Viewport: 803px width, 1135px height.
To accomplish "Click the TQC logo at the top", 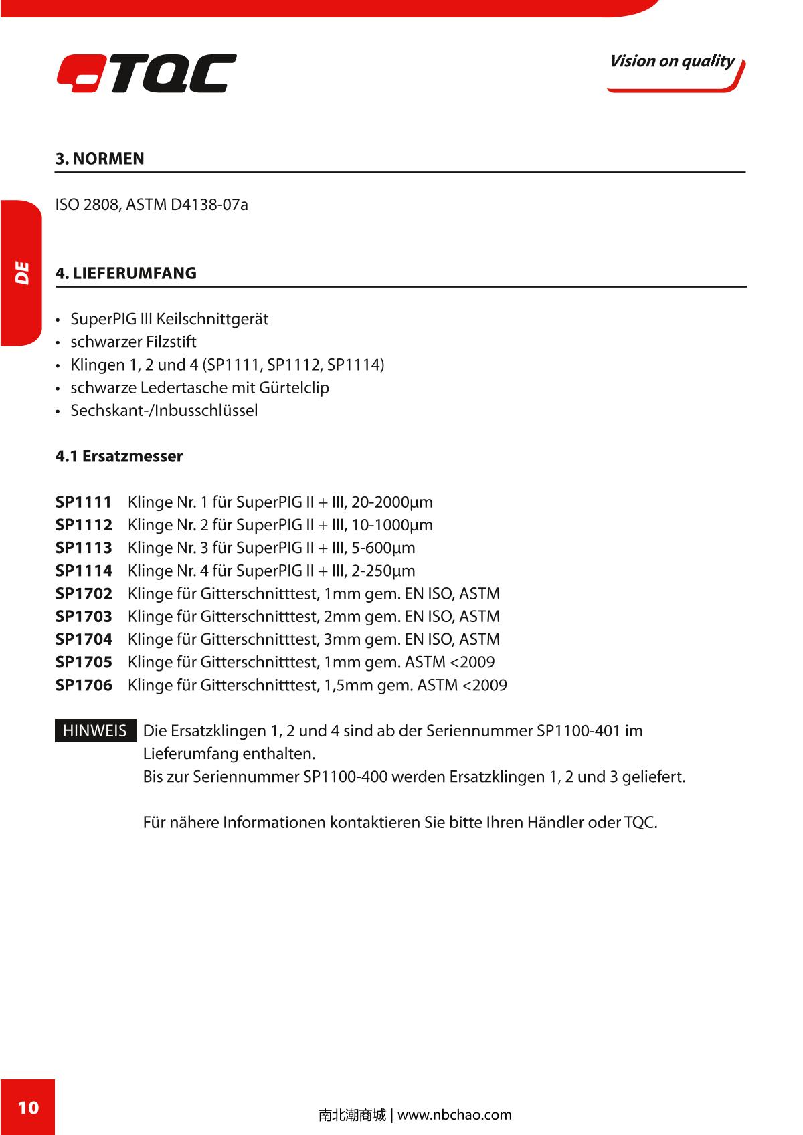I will point(147,73).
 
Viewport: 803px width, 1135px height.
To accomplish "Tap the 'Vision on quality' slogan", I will point(671,62).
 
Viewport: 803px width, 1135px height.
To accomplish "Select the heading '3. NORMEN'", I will point(100,159).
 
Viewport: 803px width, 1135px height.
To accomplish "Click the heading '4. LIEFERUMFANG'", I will point(126,274).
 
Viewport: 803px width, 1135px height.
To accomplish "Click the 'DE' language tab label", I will point(22,273).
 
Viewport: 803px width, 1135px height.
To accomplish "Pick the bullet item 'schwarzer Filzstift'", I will point(133,342).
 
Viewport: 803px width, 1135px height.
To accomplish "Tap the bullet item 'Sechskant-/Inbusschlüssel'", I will point(164,411).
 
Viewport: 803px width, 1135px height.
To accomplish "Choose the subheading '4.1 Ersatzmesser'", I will point(118,457).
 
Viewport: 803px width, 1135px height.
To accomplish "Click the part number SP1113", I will point(84,548).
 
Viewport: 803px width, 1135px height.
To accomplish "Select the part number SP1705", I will point(84,663).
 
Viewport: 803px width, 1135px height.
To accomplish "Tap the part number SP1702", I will point(84,594).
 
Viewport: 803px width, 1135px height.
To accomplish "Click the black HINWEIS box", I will point(95,731).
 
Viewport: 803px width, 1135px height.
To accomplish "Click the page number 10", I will point(27,1107).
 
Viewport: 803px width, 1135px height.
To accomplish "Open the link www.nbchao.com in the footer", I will point(454,1115).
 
